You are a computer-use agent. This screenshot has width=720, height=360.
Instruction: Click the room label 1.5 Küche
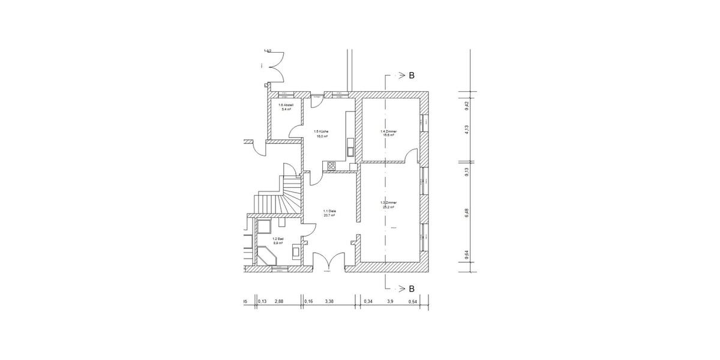tap(321, 134)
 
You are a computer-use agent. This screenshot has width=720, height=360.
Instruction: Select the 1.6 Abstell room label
tap(284, 107)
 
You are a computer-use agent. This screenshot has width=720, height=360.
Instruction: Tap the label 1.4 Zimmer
tap(388, 133)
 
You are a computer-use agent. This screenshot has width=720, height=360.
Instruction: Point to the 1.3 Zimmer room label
tap(388, 205)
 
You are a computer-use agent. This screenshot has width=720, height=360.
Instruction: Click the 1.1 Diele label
tap(329, 213)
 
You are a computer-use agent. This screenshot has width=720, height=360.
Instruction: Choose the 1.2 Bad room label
tap(278, 242)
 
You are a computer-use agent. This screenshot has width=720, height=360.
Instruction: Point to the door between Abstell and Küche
tap(296, 131)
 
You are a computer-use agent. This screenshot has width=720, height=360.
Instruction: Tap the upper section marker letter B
tap(412, 76)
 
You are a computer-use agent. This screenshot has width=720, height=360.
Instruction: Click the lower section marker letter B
tap(412, 289)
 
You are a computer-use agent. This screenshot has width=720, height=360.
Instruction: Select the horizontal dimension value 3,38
tap(328, 301)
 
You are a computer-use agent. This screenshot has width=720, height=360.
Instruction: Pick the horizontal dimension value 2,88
tap(279, 301)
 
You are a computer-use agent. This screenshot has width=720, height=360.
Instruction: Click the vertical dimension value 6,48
tap(467, 213)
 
